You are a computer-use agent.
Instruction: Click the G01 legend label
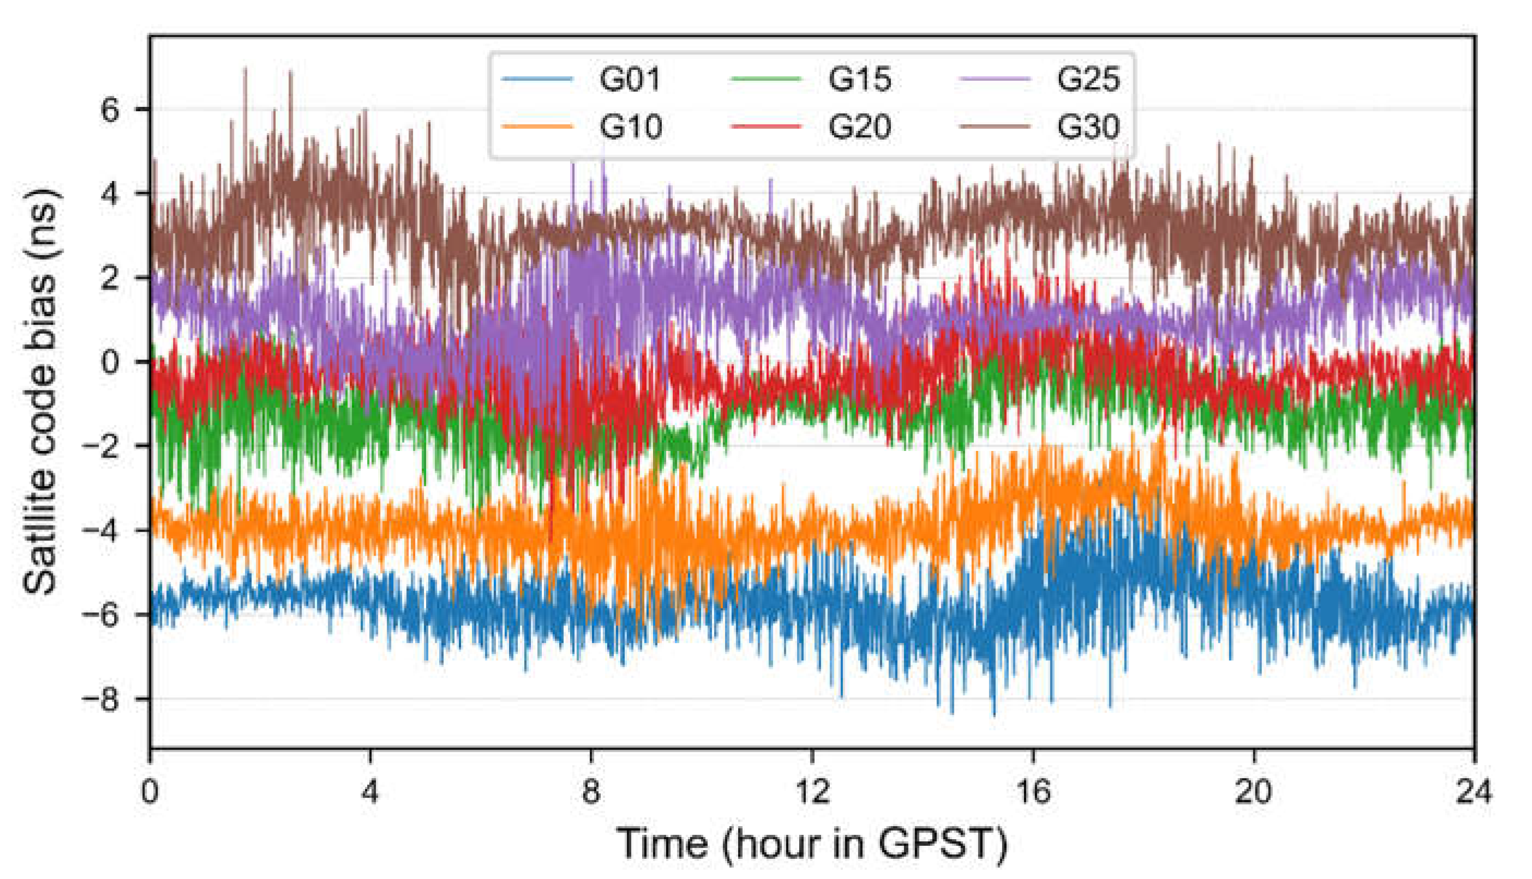click(x=630, y=79)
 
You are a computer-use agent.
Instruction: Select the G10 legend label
click(x=630, y=127)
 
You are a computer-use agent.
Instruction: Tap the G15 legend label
click(x=859, y=79)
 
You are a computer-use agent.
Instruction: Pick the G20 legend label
click(x=859, y=127)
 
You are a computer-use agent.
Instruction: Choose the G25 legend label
click(x=1088, y=79)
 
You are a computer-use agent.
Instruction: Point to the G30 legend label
click(x=1088, y=127)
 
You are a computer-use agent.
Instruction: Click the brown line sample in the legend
click(x=995, y=126)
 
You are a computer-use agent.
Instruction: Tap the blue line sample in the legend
click(x=537, y=79)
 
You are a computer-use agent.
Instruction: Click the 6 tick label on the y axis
click(x=109, y=110)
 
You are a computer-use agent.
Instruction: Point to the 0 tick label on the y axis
click(x=109, y=362)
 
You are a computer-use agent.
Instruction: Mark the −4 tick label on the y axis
click(x=101, y=531)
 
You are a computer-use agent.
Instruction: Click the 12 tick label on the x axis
click(x=812, y=791)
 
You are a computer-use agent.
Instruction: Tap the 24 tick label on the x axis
click(x=1474, y=791)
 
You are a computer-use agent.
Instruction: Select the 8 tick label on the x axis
click(x=591, y=791)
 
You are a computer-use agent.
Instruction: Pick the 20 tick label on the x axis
click(x=1254, y=791)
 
